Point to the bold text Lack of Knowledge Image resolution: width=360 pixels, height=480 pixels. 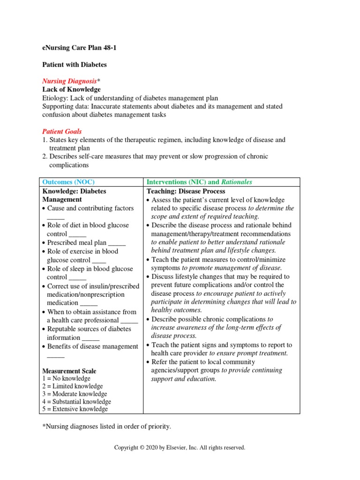(x=71, y=89)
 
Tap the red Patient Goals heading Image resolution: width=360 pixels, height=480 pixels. (x=62, y=131)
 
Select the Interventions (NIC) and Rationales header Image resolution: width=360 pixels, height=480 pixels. (x=199, y=182)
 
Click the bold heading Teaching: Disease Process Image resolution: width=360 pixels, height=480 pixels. (x=186, y=191)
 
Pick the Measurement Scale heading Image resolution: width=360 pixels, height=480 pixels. (x=69, y=371)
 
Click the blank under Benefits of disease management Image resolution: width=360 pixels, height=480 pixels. (x=55, y=356)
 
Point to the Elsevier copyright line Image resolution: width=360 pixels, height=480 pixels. (x=180, y=448)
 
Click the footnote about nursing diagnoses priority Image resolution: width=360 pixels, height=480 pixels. (x=106, y=427)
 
